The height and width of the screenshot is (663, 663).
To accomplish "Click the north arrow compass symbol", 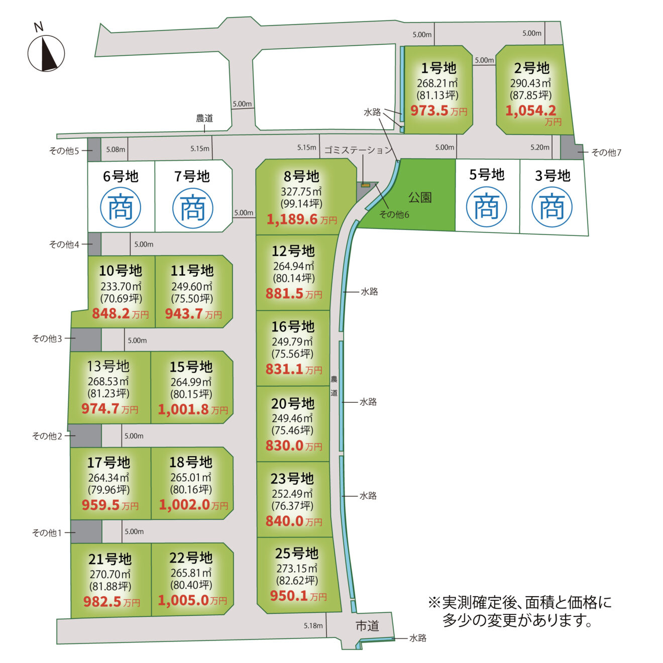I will point(46,53).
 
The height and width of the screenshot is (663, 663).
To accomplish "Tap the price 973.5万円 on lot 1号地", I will point(438,111).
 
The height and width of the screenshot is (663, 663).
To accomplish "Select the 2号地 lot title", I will point(531,68).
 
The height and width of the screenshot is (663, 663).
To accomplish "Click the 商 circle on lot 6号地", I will point(121,207).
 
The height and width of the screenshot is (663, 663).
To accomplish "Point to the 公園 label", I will point(420,197).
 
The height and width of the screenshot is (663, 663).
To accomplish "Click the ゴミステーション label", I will point(358,150).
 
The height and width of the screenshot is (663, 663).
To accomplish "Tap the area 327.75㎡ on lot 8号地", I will point(301,191).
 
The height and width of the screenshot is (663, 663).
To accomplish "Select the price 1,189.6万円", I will point(301,219).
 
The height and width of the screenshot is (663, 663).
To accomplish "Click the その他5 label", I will point(64,151).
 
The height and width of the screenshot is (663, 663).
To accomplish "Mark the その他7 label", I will point(606,152).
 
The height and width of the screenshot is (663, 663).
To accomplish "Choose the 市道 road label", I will point(367,626).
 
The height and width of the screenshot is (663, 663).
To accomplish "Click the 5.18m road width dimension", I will point(313,626).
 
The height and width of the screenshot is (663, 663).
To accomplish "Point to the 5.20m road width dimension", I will point(540,147).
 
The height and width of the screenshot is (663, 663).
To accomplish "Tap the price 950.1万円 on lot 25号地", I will point(298,596).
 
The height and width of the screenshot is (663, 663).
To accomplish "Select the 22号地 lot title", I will point(191,558).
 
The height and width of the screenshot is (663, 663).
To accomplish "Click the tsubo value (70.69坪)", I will point(121,298).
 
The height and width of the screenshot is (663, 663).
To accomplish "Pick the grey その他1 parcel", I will point(86,531).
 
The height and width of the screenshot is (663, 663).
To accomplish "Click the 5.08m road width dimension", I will point(116,149).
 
